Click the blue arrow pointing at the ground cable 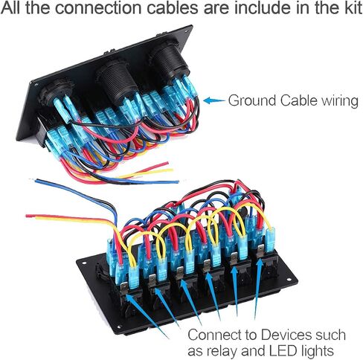[213, 100]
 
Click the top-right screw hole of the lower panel [289, 280]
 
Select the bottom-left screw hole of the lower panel [118, 327]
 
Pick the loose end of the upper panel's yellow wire [172, 170]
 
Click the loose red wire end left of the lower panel [28, 216]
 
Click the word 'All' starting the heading [12, 8]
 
